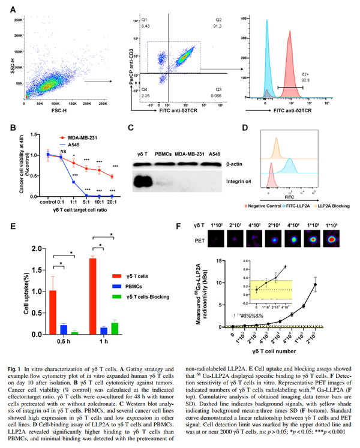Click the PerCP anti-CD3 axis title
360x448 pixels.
click(128, 57)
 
